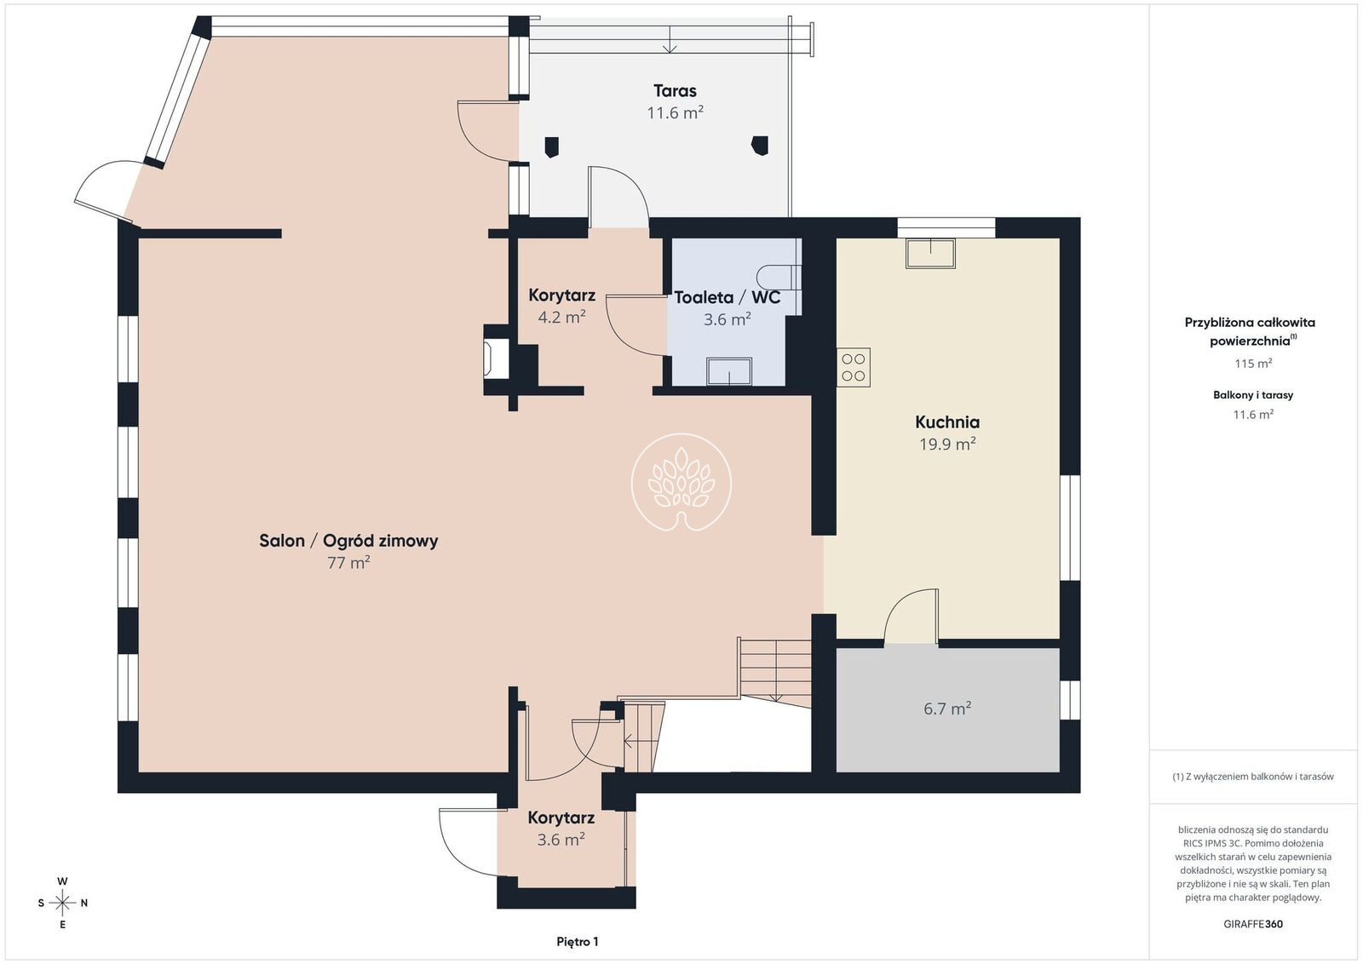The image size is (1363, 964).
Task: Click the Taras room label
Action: click(675, 91)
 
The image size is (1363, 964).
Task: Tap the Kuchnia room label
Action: click(947, 422)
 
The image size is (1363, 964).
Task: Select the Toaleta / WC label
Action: click(728, 297)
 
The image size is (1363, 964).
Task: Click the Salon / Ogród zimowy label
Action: click(348, 541)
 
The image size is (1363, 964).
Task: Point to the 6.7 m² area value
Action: click(947, 708)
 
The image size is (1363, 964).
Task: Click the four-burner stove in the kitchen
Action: click(854, 367)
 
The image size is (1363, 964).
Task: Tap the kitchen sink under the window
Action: click(930, 254)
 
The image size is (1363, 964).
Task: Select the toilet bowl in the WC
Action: click(779, 278)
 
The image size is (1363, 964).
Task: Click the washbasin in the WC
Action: click(729, 371)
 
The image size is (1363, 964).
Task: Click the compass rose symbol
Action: click(62, 904)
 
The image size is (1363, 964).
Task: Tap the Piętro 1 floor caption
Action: click(578, 942)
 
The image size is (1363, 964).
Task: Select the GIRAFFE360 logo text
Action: click(1253, 924)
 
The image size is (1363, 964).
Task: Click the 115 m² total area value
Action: click(1253, 363)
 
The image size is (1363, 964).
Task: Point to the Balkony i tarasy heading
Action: click(1253, 395)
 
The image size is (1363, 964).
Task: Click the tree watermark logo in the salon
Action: click(681, 482)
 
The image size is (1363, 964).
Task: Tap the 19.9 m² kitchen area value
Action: click(947, 444)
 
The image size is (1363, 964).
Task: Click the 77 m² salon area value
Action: click(348, 563)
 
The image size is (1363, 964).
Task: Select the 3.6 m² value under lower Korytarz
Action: click(561, 840)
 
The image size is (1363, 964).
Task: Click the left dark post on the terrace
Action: click(551, 146)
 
